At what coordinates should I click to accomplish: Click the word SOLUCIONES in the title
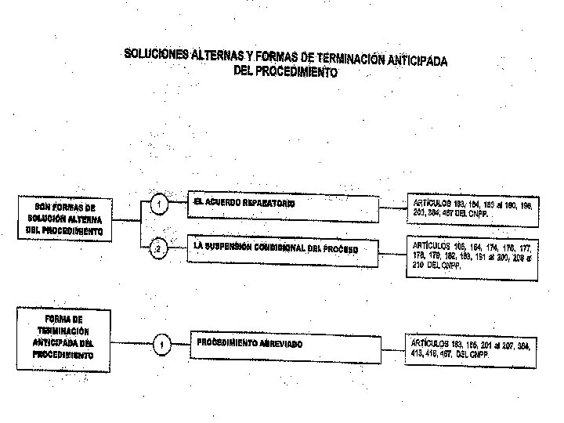tap(155, 52)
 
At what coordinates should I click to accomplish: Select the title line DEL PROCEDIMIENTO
tap(286, 72)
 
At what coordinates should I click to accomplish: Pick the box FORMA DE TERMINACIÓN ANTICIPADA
tap(64, 337)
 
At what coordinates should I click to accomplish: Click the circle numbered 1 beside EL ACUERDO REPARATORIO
tap(159, 205)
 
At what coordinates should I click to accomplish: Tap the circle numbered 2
tap(158, 250)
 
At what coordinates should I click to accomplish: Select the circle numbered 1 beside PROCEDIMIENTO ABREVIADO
tap(160, 345)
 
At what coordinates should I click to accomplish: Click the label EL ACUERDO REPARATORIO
tap(244, 203)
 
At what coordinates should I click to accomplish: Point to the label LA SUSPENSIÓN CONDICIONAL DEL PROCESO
tap(275, 248)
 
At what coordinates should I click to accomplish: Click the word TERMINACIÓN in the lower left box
tap(65, 331)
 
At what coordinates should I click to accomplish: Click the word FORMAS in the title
tap(270, 57)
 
